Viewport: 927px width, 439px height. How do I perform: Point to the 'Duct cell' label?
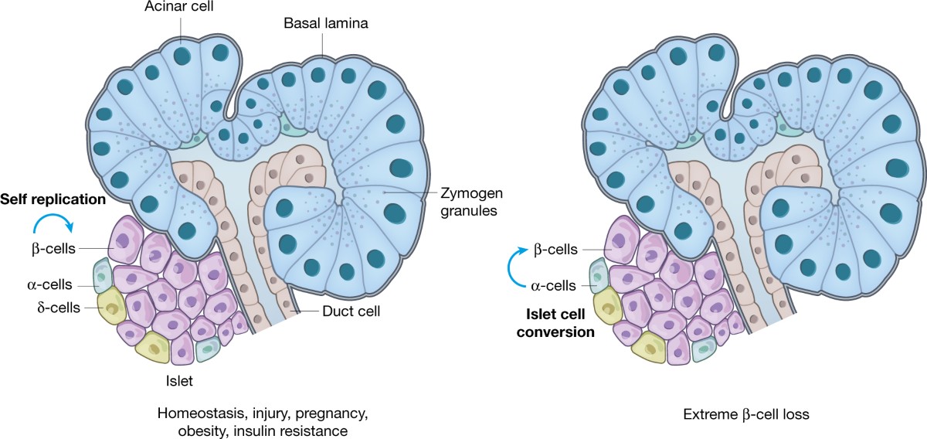[352, 311]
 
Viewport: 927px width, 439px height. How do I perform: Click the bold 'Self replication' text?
[53, 199]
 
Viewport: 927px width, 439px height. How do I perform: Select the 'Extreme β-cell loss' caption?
[746, 414]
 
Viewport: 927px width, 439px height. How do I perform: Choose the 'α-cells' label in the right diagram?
[554, 285]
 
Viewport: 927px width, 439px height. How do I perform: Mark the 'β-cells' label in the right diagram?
[554, 250]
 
